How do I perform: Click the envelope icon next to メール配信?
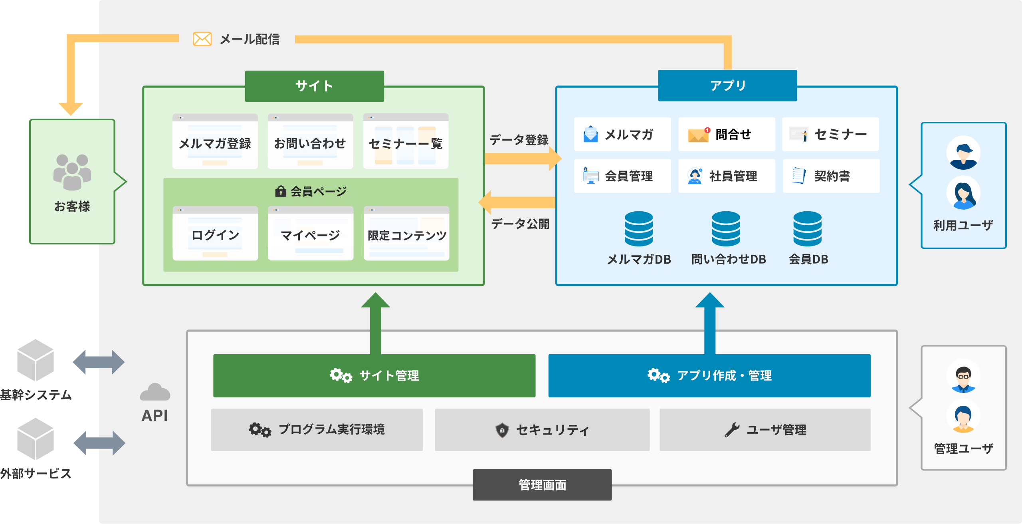[x=202, y=39]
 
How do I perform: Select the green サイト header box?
[x=315, y=86]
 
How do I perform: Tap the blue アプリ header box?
[x=727, y=85]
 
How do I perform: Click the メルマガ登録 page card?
[x=215, y=141]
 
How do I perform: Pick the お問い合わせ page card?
[x=310, y=141]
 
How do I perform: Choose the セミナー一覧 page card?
[x=406, y=141]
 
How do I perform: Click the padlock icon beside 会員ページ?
[x=281, y=191]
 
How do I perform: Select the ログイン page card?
[x=215, y=233]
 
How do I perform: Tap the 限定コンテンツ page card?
[x=406, y=233]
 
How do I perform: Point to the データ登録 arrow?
[x=523, y=159]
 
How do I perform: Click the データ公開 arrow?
[x=517, y=202]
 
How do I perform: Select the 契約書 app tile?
[x=831, y=176]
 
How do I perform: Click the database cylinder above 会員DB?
[x=807, y=228]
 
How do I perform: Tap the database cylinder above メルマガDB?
[x=639, y=228]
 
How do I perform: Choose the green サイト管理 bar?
[x=374, y=375]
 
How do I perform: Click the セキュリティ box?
[x=542, y=430]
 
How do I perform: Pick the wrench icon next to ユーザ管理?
[x=732, y=430]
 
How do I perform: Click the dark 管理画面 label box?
[x=542, y=484]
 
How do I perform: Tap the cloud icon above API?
[x=155, y=392]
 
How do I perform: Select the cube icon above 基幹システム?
[x=36, y=360]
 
